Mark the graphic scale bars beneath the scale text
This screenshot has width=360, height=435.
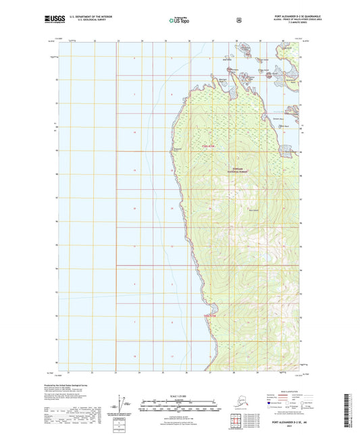pyautogui.click(x=179, y=407)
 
